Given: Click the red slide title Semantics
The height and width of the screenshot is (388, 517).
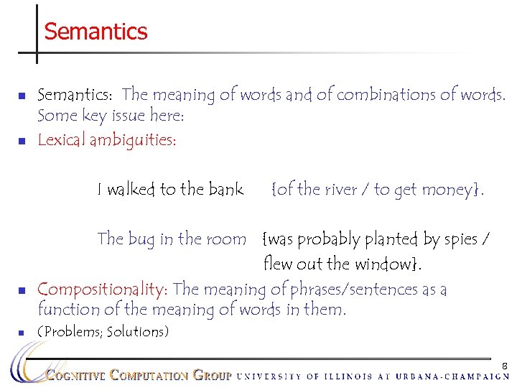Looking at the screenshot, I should pos(96,32).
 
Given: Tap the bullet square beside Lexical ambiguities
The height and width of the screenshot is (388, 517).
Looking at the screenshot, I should pos(22,141).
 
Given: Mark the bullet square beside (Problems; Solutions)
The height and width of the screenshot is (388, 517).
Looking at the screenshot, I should pos(22,332).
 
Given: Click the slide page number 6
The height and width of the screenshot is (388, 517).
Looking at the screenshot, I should pos(504,366).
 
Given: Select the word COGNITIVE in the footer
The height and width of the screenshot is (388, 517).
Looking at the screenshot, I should pos(75,375).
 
